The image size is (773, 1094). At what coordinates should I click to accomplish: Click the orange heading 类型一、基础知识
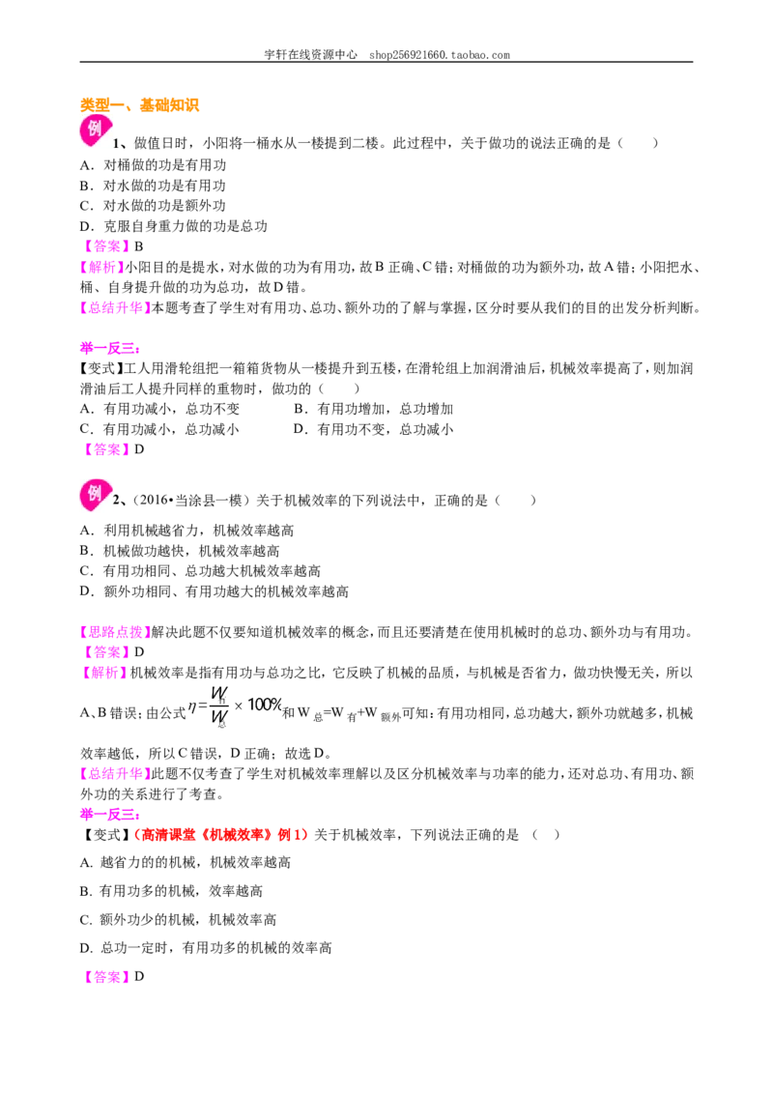[139, 105]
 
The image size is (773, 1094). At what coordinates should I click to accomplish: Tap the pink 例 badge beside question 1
[95, 130]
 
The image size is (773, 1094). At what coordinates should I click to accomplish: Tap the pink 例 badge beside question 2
[95, 495]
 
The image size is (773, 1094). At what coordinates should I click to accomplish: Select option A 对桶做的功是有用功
[153, 165]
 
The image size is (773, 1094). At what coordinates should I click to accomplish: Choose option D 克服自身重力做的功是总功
[174, 226]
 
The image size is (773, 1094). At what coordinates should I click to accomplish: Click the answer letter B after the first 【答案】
[139, 246]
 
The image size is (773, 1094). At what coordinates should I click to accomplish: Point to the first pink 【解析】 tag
[101, 268]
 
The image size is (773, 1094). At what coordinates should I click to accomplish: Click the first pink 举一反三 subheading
[110, 348]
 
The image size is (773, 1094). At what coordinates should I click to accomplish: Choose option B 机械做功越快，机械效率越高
[180, 551]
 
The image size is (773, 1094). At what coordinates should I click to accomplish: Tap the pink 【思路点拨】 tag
[115, 632]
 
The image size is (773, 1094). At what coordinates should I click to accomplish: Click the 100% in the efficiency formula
[265, 705]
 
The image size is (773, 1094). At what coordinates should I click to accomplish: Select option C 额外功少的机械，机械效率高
[178, 920]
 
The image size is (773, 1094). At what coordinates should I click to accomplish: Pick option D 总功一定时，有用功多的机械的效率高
[206, 948]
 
